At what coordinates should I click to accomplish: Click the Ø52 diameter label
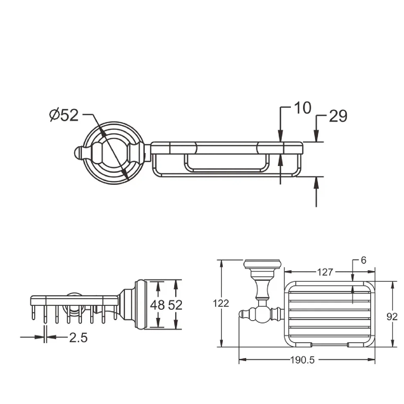click(x=64, y=115)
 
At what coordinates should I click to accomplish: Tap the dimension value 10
click(x=303, y=108)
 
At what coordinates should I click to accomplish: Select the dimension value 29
click(x=338, y=116)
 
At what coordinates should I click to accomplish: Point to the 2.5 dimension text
click(x=78, y=338)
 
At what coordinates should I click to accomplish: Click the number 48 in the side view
click(x=157, y=305)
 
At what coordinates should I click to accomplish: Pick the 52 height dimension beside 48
click(x=175, y=305)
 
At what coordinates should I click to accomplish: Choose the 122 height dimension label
click(x=221, y=303)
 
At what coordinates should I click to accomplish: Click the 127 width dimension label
click(x=325, y=272)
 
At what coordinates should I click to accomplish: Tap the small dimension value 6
click(x=363, y=261)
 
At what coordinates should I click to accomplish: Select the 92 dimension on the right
click(x=392, y=317)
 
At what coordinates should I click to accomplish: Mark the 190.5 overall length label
click(x=303, y=360)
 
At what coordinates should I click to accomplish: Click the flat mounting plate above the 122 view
click(x=262, y=264)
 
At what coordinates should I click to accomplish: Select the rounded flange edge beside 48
click(x=140, y=305)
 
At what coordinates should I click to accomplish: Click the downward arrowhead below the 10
click(x=280, y=136)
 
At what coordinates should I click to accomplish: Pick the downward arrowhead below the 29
click(x=316, y=136)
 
